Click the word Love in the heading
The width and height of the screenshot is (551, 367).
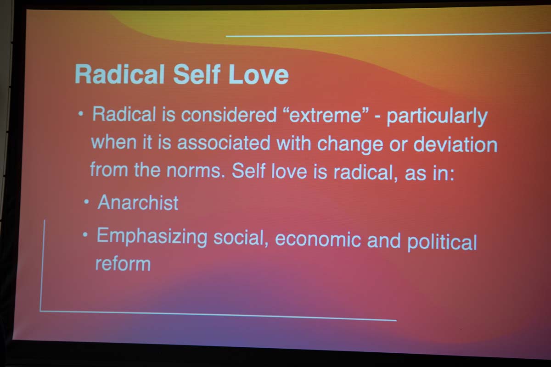[x=259, y=74]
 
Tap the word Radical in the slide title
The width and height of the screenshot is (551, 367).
[x=119, y=74]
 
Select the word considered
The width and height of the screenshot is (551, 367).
[x=229, y=115]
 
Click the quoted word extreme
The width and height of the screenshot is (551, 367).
[x=326, y=116]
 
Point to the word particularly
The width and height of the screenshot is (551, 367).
[x=437, y=117]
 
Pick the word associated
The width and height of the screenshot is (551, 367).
[x=224, y=143]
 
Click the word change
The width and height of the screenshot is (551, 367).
[x=350, y=145]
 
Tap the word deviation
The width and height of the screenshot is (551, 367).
[x=455, y=145]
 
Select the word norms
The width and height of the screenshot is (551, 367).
[x=196, y=170]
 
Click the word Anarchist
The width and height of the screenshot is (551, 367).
[x=138, y=203]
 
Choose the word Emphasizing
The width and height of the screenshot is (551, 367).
[x=152, y=237]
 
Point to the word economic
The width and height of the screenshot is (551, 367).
[x=318, y=239]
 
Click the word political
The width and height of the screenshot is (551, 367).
[x=442, y=242]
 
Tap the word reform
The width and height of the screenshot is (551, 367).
[x=123, y=264]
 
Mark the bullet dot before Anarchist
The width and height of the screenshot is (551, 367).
[x=86, y=202]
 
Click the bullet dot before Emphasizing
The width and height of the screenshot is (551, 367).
[x=85, y=235]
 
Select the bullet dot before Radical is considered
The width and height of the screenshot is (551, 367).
[x=81, y=113]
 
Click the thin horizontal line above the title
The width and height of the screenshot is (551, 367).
[x=388, y=35]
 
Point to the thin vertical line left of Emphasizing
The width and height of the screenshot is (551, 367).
[x=42, y=266]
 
